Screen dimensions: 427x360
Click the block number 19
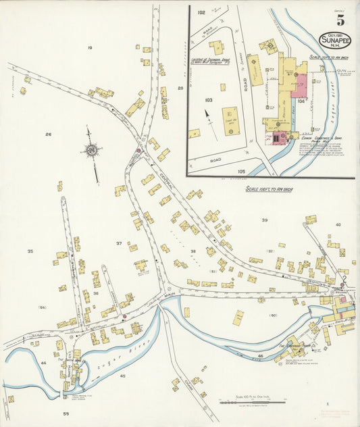[89, 48]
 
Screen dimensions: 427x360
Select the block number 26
[48, 134]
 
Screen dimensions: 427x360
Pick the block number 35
[30, 251]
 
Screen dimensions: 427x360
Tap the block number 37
[119, 243]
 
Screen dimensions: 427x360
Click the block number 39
[265, 220]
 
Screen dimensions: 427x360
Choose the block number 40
[338, 224]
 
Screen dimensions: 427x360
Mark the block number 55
[66, 413]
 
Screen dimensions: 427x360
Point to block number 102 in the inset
[201, 13]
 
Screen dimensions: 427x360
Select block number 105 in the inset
[241, 172]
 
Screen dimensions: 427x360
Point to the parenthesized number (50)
[273, 315]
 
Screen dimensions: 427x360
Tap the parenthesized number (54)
[42, 307]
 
